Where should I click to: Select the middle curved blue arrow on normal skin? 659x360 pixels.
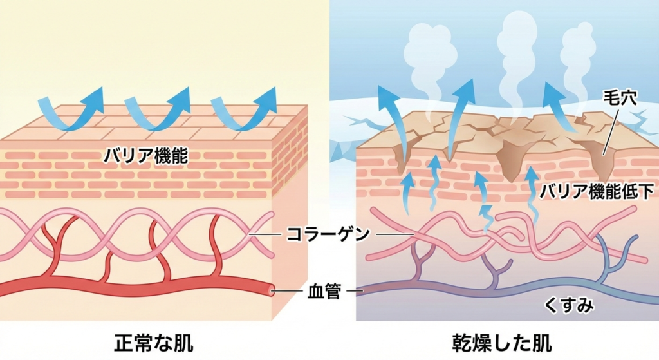pos(158,107)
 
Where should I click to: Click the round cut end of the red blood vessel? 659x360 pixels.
pos(273,291)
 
